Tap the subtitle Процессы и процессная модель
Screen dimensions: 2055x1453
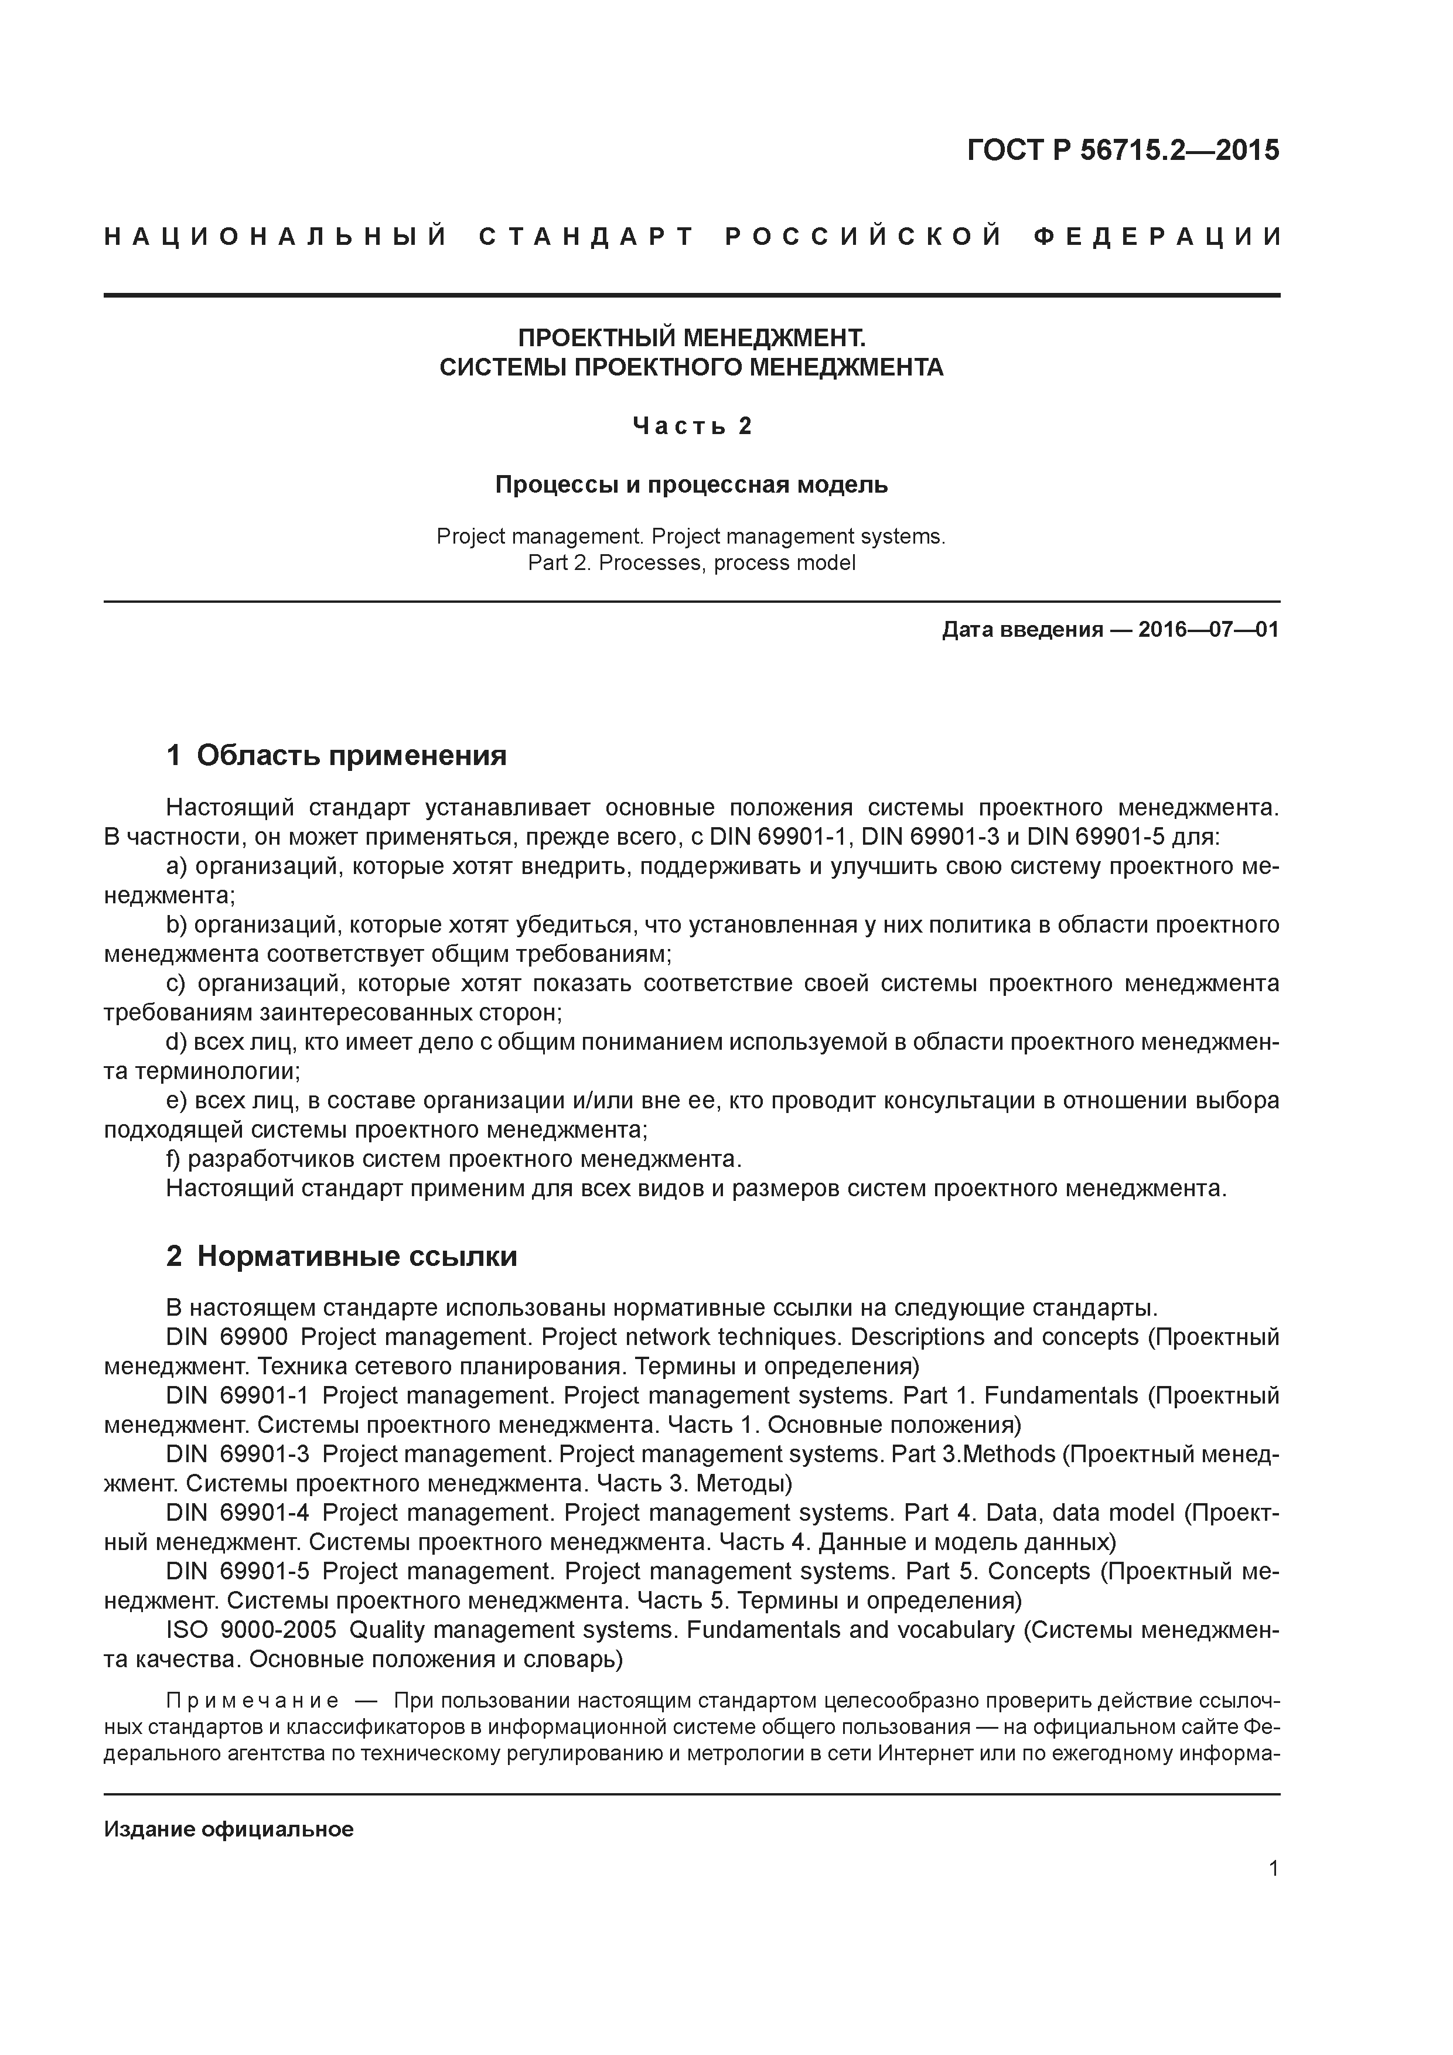pyautogui.click(x=692, y=485)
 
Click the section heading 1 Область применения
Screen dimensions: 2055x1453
pyautogui.click(x=337, y=756)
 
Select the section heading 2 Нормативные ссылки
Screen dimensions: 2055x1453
pyautogui.click(x=342, y=1257)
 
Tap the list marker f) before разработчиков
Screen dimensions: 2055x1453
pyautogui.click(x=173, y=1159)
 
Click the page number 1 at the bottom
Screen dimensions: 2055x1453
pyautogui.click(x=1274, y=1869)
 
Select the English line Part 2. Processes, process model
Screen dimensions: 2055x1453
pyautogui.click(x=692, y=563)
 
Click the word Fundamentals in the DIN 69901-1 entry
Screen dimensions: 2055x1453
pyautogui.click(x=1061, y=1395)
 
